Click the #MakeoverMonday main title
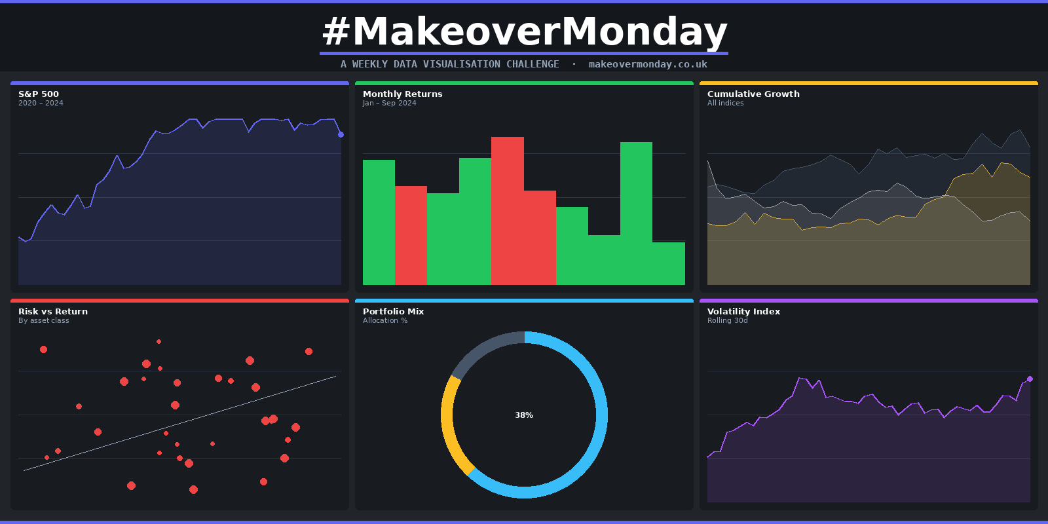(524, 31)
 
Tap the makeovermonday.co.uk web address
(647, 64)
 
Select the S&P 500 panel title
(39, 94)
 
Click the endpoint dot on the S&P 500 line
(341, 134)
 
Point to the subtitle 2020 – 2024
(41, 103)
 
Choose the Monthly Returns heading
(402, 94)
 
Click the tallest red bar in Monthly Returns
(508, 210)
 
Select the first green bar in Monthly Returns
(379, 223)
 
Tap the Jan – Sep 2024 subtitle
(389, 103)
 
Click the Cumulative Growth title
(753, 94)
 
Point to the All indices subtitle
(725, 103)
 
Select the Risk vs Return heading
(53, 312)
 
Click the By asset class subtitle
(43, 321)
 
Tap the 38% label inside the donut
(524, 415)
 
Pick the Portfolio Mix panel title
(393, 312)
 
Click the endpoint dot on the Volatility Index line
(1030, 379)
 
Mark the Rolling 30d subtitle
(727, 321)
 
